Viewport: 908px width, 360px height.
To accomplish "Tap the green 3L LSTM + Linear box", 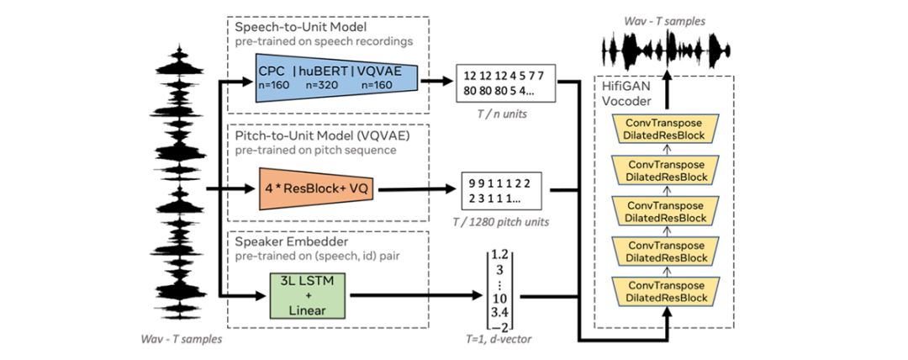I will tap(309, 294).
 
